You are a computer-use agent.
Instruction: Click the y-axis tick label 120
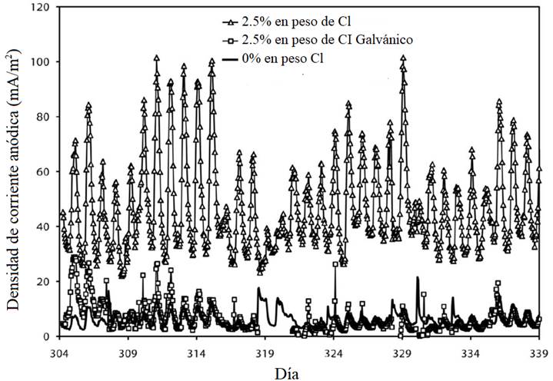click(x=40, y=7)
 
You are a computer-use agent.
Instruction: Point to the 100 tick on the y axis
click(x=40, y=61)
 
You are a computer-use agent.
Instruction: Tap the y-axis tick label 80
click(x=43, y=117)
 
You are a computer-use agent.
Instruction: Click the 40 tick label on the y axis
click(x=43, y=227)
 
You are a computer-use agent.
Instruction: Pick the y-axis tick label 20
click(x=43, y=281)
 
